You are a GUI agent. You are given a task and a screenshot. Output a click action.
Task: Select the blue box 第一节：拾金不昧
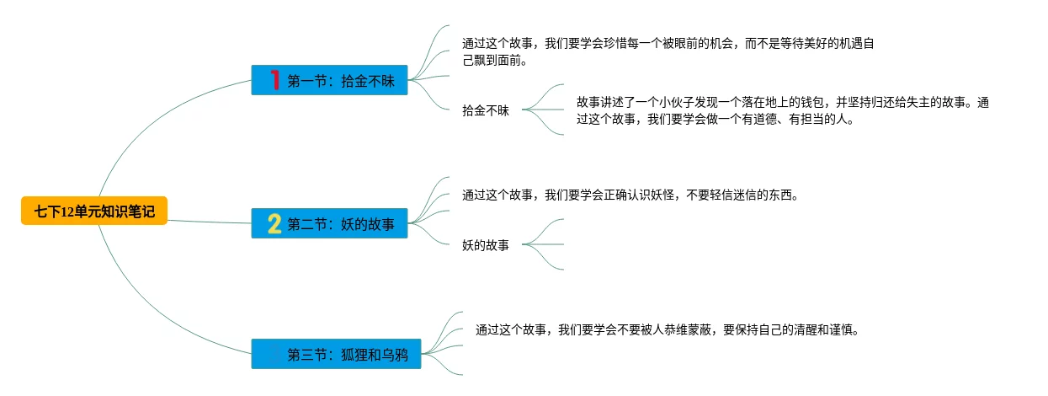[x=329, y=80]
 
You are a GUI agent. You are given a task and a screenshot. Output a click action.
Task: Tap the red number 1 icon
[x=274, y=80]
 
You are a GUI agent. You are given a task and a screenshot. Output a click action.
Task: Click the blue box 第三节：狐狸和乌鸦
[x=329, y=354]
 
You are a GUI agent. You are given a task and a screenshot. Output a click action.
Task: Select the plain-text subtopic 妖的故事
[x=486, y=245]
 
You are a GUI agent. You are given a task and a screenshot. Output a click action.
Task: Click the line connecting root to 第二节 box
[x=210, y=222]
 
